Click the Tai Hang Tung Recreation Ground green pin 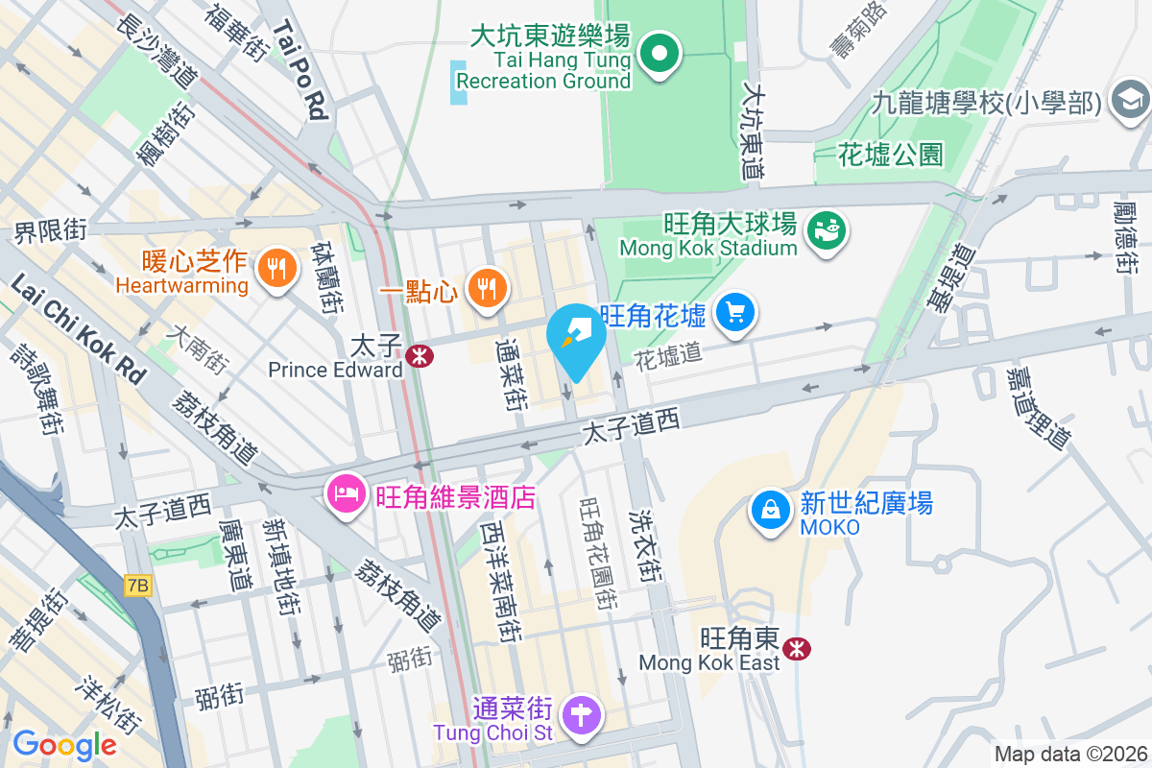coord(660,54)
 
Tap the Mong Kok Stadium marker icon coord(826,231)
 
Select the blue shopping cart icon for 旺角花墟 coord(736,313)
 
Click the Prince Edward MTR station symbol coord(419,356)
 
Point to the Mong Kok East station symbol coord(796,648)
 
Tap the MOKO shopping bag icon coord(770,510)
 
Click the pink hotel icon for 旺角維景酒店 coord(346,495)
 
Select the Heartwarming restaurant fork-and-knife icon coord(277,268)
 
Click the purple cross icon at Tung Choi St coord(582,715)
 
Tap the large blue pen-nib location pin coord(576,338)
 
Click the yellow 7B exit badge coord(138,585)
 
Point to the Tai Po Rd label coord(300,72)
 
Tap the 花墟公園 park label coord(890,154)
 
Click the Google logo coord(64,744)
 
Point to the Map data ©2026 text coord(1069,754)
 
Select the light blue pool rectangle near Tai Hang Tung coord(459,83)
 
